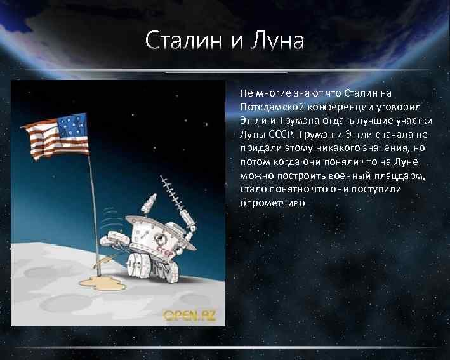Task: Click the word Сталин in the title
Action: (x=183, y=41)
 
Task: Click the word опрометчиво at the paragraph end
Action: (x=273, y=203)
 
